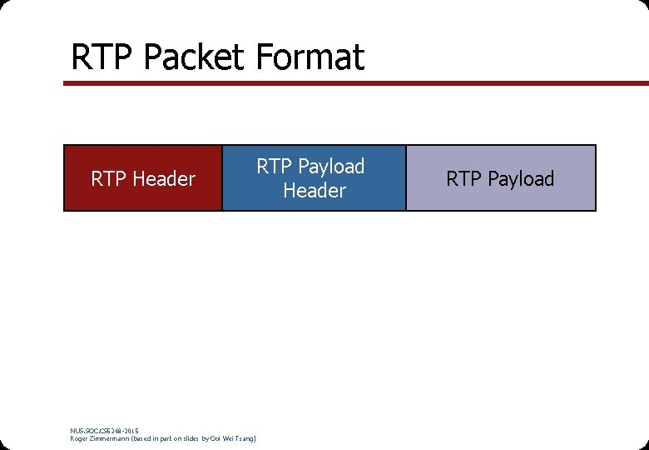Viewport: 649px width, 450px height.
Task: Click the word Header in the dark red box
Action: [x=164, y=178]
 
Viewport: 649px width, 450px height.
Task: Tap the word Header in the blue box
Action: [x=314, y=191]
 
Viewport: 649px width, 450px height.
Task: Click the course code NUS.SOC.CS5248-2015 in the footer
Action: [x=105, y=430]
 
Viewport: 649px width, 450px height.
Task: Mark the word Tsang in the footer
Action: [x=247, y=438]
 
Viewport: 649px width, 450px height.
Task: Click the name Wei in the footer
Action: [x=230, y=438]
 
